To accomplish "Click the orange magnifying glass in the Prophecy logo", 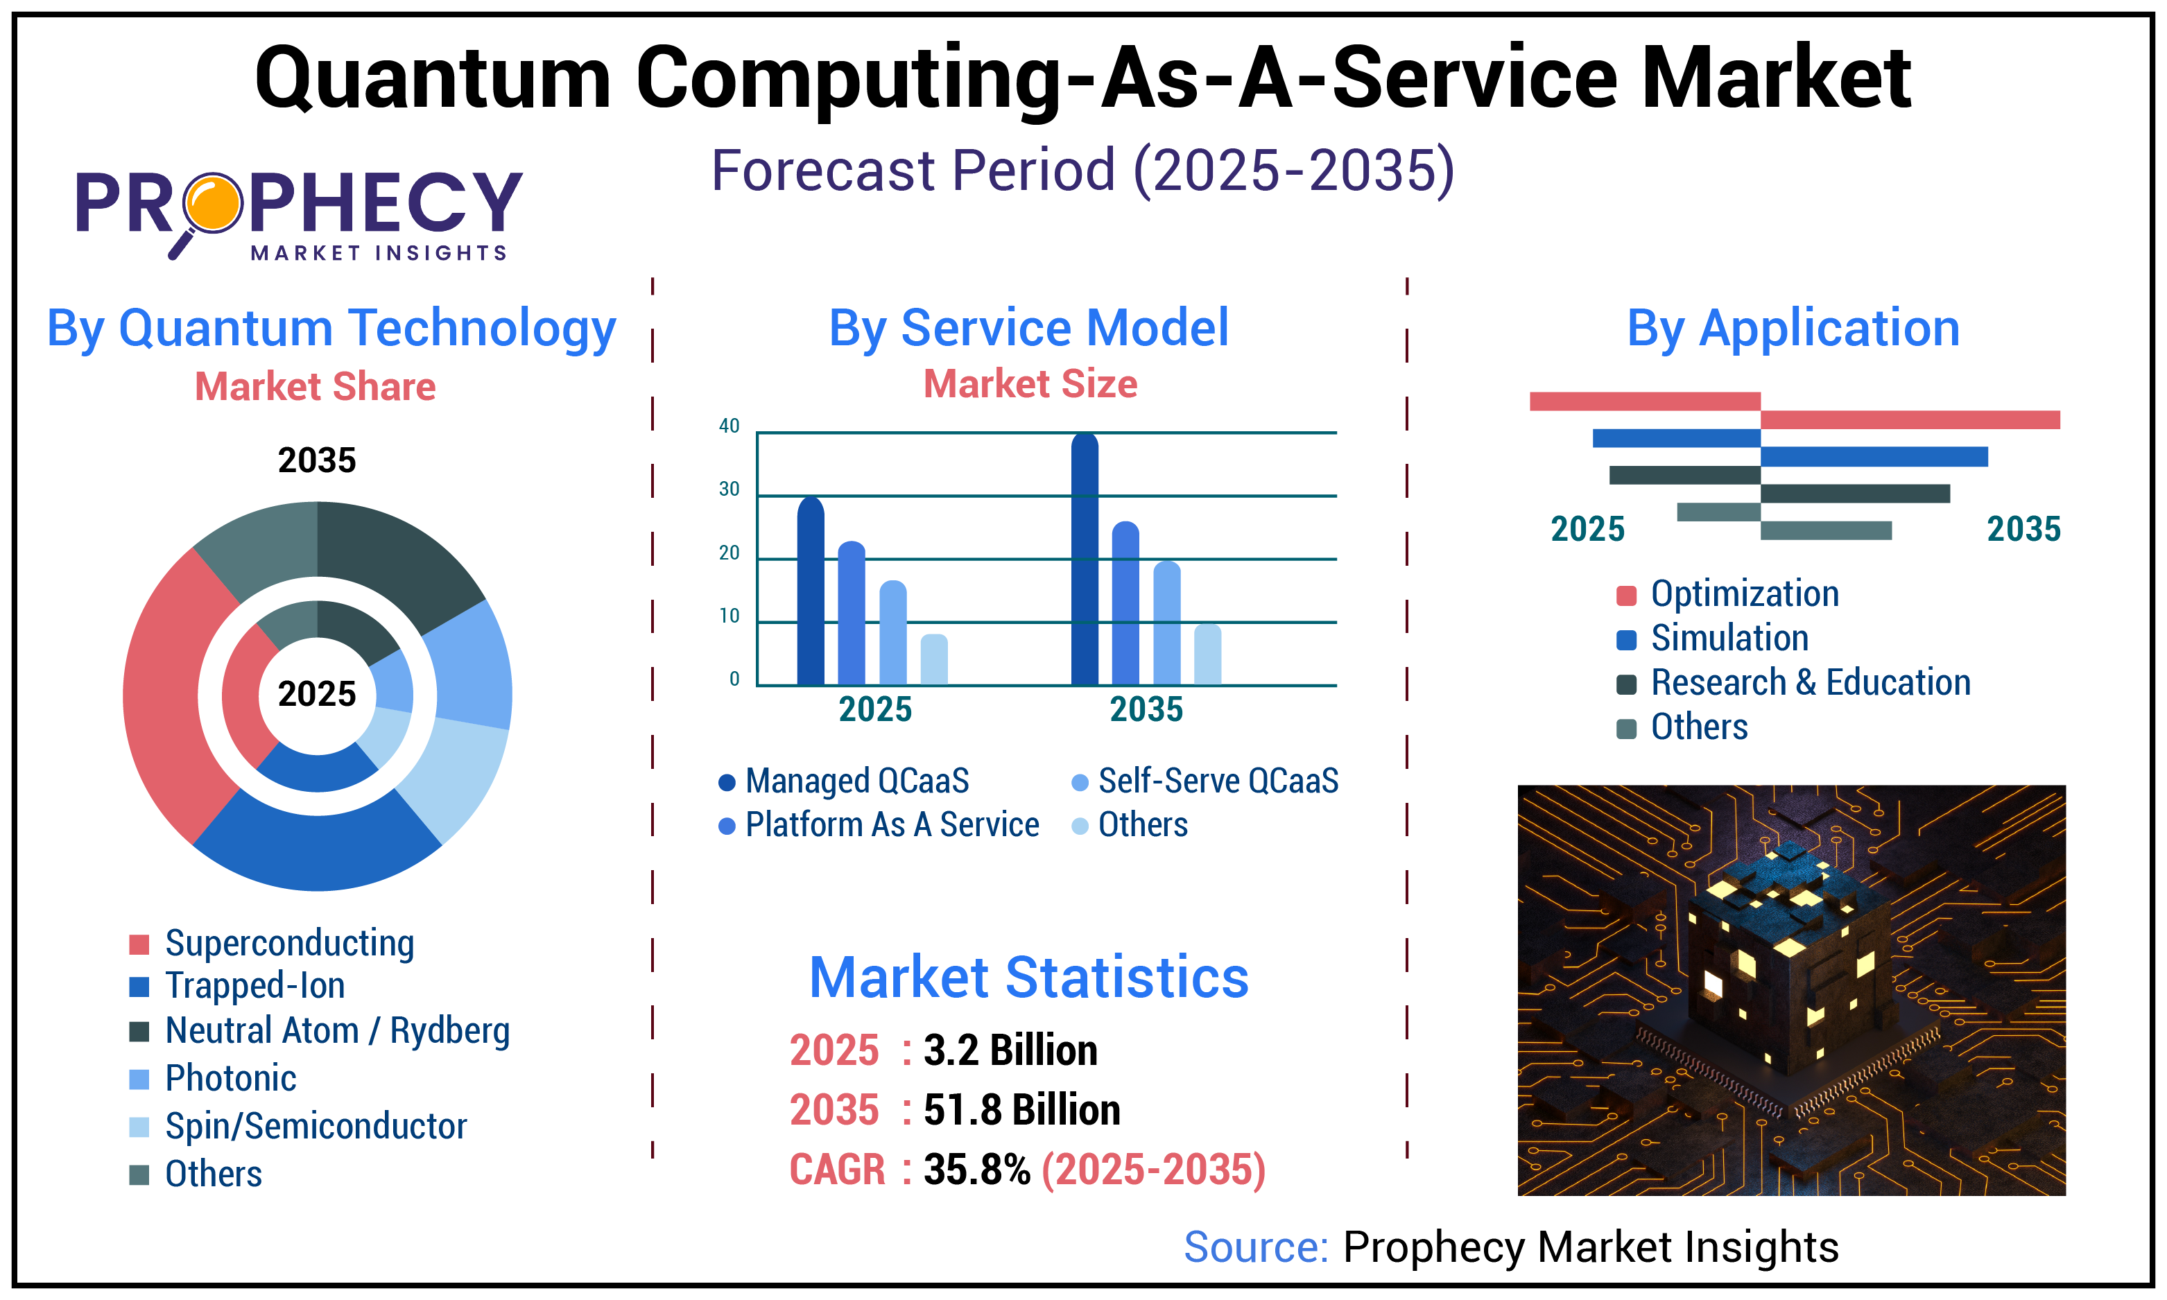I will tap(213, 203).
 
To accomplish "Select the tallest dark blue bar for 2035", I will tap(1085, 561).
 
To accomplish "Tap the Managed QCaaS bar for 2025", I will tap(810, 592).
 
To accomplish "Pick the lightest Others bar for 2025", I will tap(934, 661).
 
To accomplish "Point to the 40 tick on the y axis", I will tap(729, 426).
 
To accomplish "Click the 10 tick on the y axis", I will tap(729, 616).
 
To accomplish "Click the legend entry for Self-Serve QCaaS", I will tap(1205, 781).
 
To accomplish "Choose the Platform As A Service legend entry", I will tap(879, 825).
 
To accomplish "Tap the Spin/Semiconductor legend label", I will tap(316, 1127).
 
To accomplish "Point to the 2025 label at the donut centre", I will tap(317, 695).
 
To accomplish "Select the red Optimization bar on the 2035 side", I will tap(1910, 419).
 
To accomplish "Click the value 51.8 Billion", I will tap(1021, 1111).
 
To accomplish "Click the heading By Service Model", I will tap(1028, 329).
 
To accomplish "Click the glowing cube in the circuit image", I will tap(1787, 964).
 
